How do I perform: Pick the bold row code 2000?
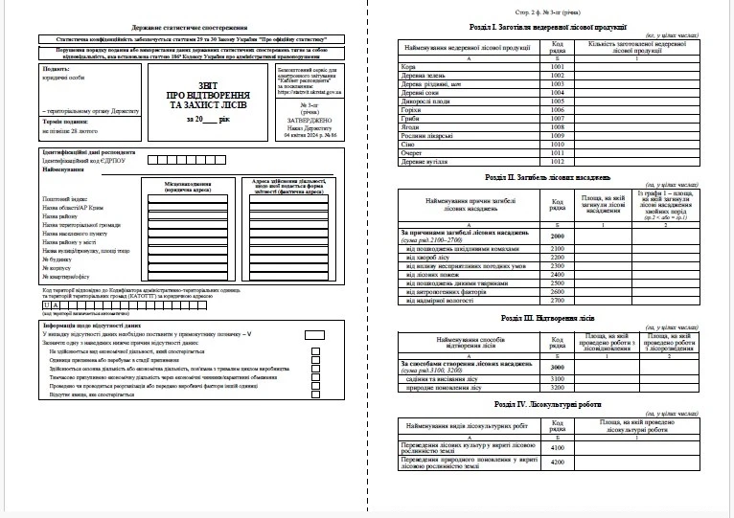point(558,236)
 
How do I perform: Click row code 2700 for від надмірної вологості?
point(558,300)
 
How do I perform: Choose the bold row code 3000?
point(558,366)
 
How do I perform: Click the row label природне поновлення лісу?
point(441,389)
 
